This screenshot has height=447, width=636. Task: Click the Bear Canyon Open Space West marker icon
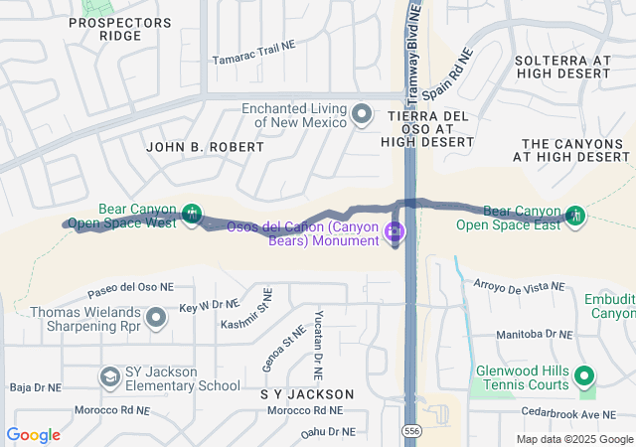coord(193,214)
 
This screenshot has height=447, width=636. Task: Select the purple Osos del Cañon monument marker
coord(395,233)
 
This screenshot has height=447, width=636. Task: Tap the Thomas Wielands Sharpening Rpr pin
coord(155,318)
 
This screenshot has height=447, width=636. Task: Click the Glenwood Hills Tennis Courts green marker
coord(584,376)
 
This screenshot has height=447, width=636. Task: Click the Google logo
coord(34,435)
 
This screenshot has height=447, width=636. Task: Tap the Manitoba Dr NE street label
coord(538,336)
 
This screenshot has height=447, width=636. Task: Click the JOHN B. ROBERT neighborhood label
coord(205,147)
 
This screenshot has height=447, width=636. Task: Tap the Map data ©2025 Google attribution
coord(573,439)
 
